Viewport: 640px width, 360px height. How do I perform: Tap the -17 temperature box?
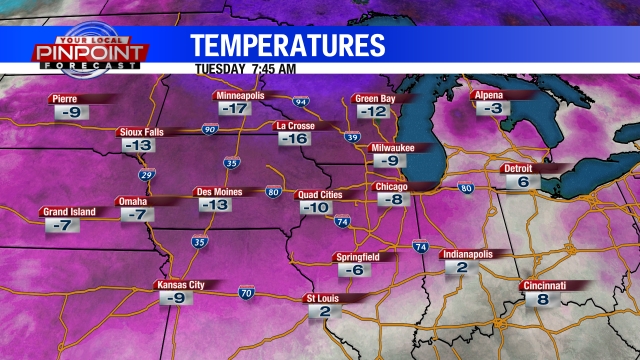coord(234,108)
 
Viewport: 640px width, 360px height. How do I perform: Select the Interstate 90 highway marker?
coord(209,129)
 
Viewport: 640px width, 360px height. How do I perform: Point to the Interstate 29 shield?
coord(148,175)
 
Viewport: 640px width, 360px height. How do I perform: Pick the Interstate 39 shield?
coord(351,137)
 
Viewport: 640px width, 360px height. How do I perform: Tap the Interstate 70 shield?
coord(246,293)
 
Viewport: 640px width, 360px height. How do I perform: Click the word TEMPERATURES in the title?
coord(288,45)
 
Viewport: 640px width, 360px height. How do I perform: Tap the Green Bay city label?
coord(379,98)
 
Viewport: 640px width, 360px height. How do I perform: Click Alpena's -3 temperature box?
coord(487,108)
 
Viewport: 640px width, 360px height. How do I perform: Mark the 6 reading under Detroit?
coord(523,182)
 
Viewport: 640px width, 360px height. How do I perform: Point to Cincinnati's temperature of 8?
coord(541,299)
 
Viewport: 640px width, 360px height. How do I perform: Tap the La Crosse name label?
coord(298,126)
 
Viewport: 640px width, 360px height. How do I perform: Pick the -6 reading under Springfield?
coord(352,270)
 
